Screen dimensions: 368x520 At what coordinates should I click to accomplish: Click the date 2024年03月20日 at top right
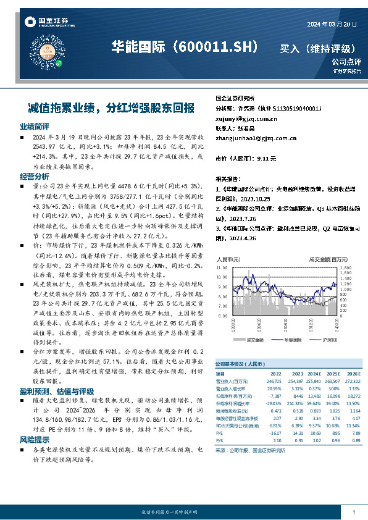coord(332,23)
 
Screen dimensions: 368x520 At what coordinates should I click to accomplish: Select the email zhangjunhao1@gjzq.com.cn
coord(256,138)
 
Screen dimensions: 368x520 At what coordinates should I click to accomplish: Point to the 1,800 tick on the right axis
coord(346,269)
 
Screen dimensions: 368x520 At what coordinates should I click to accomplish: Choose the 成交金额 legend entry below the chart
coord(254,340)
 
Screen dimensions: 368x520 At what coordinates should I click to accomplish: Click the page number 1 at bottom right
coord(353,513)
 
